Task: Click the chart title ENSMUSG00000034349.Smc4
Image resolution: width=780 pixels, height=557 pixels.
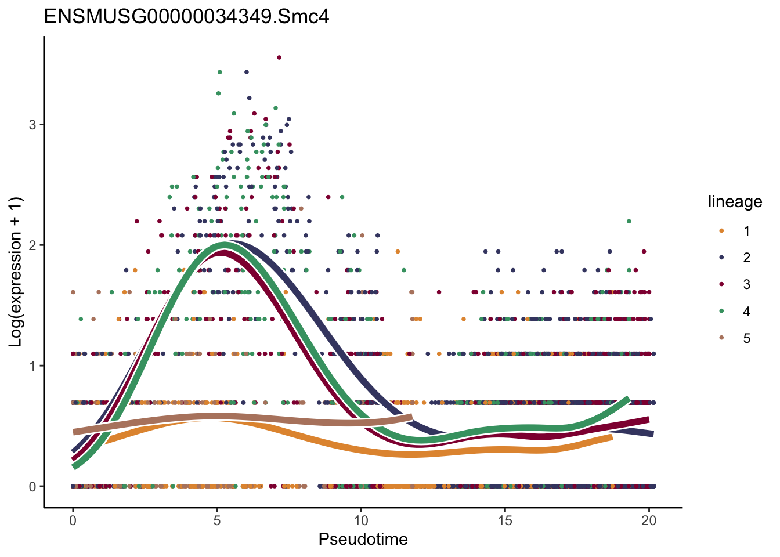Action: [186, 16]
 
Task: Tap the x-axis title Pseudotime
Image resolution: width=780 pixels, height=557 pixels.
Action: [363, 540]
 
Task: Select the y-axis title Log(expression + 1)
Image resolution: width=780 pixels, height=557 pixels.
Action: [16, 272]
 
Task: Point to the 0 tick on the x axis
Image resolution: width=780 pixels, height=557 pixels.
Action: [73, 520]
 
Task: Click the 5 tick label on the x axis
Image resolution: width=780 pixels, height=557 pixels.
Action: [216, 520]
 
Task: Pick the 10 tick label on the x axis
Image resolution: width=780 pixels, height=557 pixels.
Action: [360, 520]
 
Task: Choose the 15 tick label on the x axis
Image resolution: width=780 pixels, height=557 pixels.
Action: [505, 520]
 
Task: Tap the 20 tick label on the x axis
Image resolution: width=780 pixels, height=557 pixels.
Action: [649, 520]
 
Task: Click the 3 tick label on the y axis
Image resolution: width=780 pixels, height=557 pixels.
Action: [32, 125]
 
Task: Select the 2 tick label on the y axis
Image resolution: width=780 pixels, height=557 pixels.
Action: [32, 245]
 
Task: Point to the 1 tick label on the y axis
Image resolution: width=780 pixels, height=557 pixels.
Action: [32, 366]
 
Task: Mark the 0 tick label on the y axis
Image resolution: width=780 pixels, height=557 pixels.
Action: [32, 487]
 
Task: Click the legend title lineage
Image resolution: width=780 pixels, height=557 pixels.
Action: [735, 202]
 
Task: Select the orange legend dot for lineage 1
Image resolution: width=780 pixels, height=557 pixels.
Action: [721, 231]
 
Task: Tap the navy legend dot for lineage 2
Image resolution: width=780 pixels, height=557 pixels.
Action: [721, 258]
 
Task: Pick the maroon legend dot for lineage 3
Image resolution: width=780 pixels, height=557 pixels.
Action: [721, 284]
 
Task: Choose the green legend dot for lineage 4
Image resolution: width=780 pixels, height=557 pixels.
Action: [721, 312]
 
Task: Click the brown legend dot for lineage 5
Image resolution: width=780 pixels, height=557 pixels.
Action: [721, 338]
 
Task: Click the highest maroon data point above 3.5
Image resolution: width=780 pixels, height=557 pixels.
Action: [279, 57]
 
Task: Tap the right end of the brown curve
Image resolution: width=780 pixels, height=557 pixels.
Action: [410, 418]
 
